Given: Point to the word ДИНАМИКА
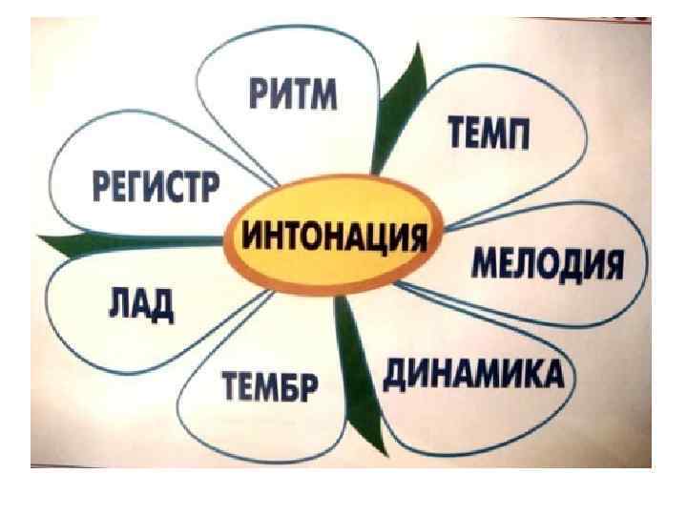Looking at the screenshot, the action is coord(472,374).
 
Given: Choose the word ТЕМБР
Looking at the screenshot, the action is coord(272,388).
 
